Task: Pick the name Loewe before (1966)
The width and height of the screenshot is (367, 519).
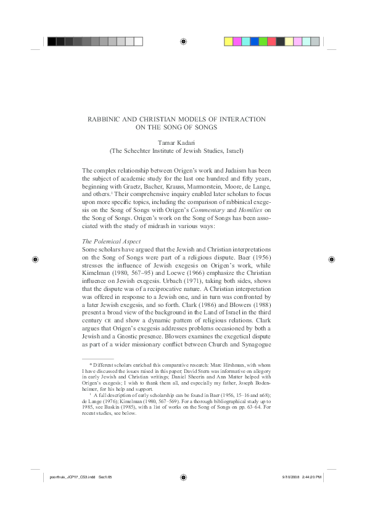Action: [x=175, y=255]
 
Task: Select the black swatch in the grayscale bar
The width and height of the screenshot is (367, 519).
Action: [x=52, y=41]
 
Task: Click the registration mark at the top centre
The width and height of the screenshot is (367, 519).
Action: [x=183, y=41]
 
